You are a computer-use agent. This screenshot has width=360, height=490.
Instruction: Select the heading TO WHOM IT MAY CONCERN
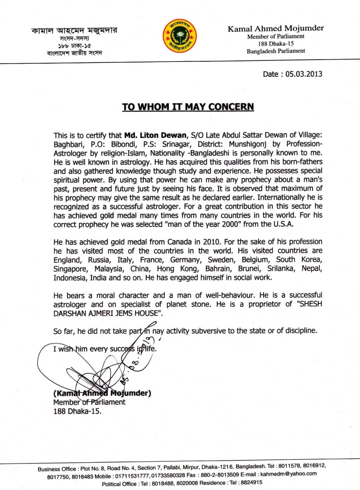[x=188, y=107]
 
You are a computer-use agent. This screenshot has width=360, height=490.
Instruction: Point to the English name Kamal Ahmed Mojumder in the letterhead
[x=276, y=28]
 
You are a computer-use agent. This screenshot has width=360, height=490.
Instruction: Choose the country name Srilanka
[x=282, y=268]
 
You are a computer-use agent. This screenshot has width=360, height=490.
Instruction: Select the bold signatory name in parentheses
[x=102, y=393]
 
